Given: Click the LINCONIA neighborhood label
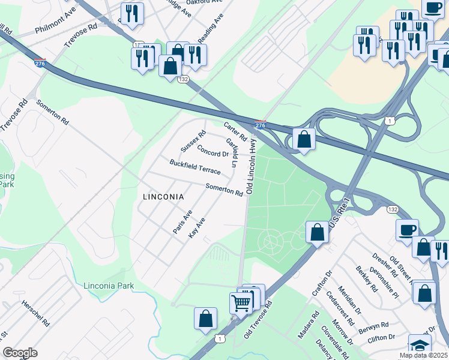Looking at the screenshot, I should pyautogui.click(x=163, y=196).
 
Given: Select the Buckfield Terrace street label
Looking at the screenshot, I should pyautogui.click(x=195, y=167).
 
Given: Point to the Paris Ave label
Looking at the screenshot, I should pyautogui.click(x=182, y=223).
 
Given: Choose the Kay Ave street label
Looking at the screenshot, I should pyautogui.click(x=197, y=227).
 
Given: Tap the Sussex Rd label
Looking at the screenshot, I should pyautogui.click(x=193, y=141).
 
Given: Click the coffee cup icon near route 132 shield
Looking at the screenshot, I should pyautogui.click(x=407, y=230).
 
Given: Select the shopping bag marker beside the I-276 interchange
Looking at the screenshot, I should pyautogui.click(x=304, y=139).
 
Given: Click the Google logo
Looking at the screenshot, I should pyautogui.click(x=20, y=353).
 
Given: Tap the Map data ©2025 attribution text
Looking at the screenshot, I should pyautogui.click(x=424, y=355).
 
